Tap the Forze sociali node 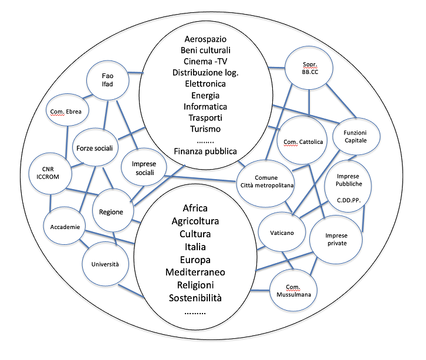click(94, 148)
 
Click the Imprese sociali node click(141, 168)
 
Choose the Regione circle click(111, 211)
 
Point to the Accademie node click(64, 227)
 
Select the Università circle click(104, 264)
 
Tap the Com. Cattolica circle click(296, 142)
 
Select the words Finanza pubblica click(205, 151)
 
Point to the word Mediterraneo click(195, 272)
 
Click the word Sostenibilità click(195, 298)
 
